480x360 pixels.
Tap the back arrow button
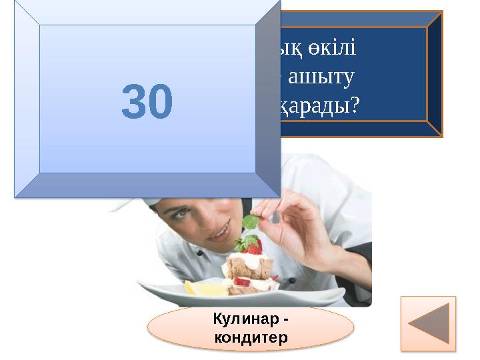(x=428, y=323)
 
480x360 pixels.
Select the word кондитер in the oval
(x=250, y=337)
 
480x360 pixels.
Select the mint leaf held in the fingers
(x=251, y=222)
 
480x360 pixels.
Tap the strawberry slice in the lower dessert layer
(x=241, y=281)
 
